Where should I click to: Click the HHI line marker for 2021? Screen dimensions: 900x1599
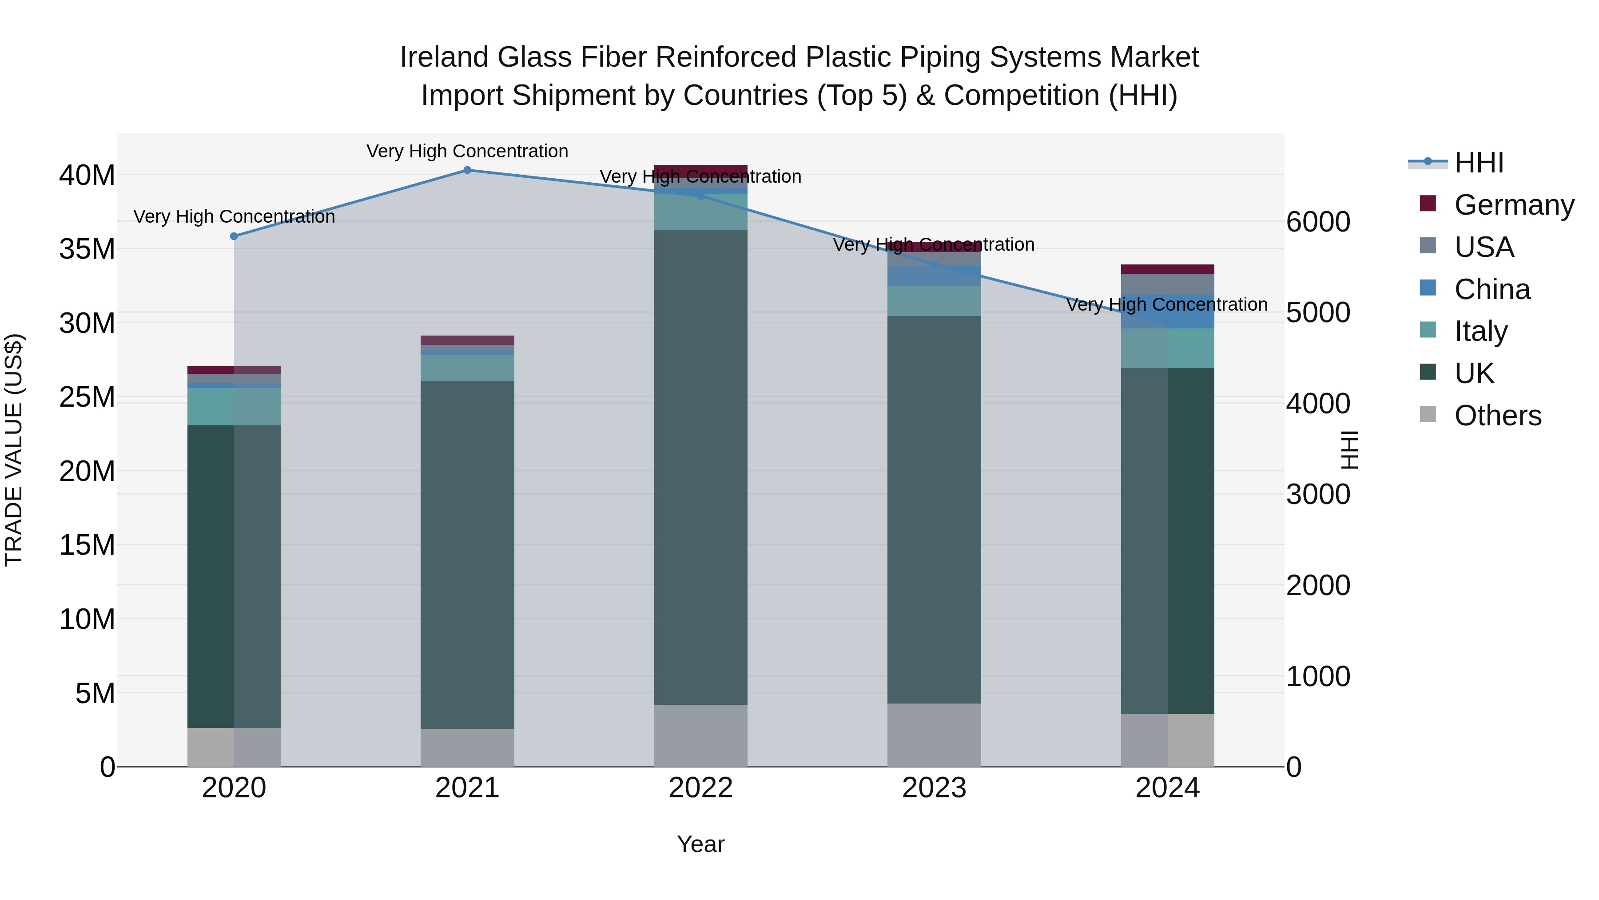(x=467, y=170)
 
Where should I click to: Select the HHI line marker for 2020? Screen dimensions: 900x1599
(x=234, y=236)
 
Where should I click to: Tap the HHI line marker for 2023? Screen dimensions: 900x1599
(x=934, y=264)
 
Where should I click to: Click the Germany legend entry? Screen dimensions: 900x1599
(x=1513, y=205)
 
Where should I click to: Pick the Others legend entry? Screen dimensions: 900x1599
(x=1497, y=416)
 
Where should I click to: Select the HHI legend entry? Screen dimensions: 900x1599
(x=1479, y=163)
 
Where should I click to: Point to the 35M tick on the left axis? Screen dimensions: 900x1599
(x=87, y=249)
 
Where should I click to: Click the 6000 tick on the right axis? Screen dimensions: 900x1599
(x=1318, y=222)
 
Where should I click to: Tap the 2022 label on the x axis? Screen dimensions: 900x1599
(x=701, y=788)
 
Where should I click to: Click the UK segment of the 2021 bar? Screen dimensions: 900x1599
(x=467, y=555)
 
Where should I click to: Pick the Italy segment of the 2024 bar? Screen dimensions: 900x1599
(x=1168, y=348)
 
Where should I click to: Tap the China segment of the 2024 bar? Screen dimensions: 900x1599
(x=1168, y=311)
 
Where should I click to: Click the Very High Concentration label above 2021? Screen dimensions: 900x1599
(x=467, y=151)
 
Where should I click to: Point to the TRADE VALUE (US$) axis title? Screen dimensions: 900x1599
(x=14, y=450)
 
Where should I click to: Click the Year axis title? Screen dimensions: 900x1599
(x=701, y=844)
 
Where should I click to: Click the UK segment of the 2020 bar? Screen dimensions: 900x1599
(x=234, y=576)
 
